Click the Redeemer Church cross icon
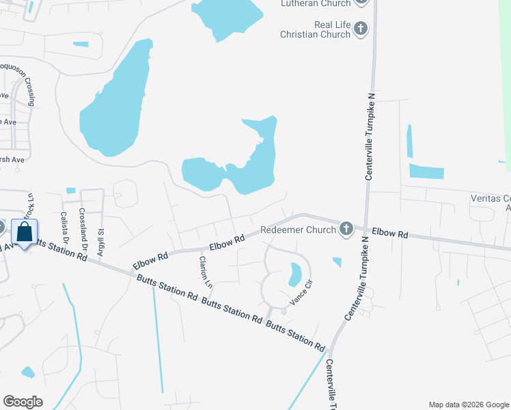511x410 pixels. [346, 229]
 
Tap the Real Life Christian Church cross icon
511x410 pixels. [361, 29]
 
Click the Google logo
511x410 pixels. [23, 402]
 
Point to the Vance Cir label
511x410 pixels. [301, 292]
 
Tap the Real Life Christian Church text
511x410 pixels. [322, 29]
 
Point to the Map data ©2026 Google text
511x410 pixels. [469, 405]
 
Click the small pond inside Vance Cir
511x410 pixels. [295, 274]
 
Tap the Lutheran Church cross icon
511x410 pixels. [361, 2]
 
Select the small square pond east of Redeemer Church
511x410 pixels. [337, 261]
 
